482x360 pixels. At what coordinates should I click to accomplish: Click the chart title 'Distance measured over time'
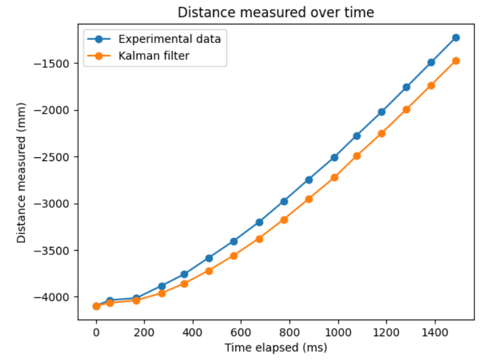276,12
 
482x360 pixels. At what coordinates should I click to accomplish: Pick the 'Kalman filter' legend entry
153,56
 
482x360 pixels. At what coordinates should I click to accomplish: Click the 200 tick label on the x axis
144,333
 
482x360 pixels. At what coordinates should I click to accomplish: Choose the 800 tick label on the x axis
289,333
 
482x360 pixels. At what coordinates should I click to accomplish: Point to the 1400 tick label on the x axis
433,333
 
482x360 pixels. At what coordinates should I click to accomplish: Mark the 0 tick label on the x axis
97,333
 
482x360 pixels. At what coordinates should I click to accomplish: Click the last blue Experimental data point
456,38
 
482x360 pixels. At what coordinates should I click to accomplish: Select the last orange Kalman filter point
456,61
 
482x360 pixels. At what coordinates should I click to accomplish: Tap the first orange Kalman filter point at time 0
97,306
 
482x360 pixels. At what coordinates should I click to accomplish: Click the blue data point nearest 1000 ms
334,157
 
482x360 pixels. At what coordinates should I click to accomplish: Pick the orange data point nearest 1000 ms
334,177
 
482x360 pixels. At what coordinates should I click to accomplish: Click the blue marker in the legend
99,39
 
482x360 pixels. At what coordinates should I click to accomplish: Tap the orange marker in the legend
99,56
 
